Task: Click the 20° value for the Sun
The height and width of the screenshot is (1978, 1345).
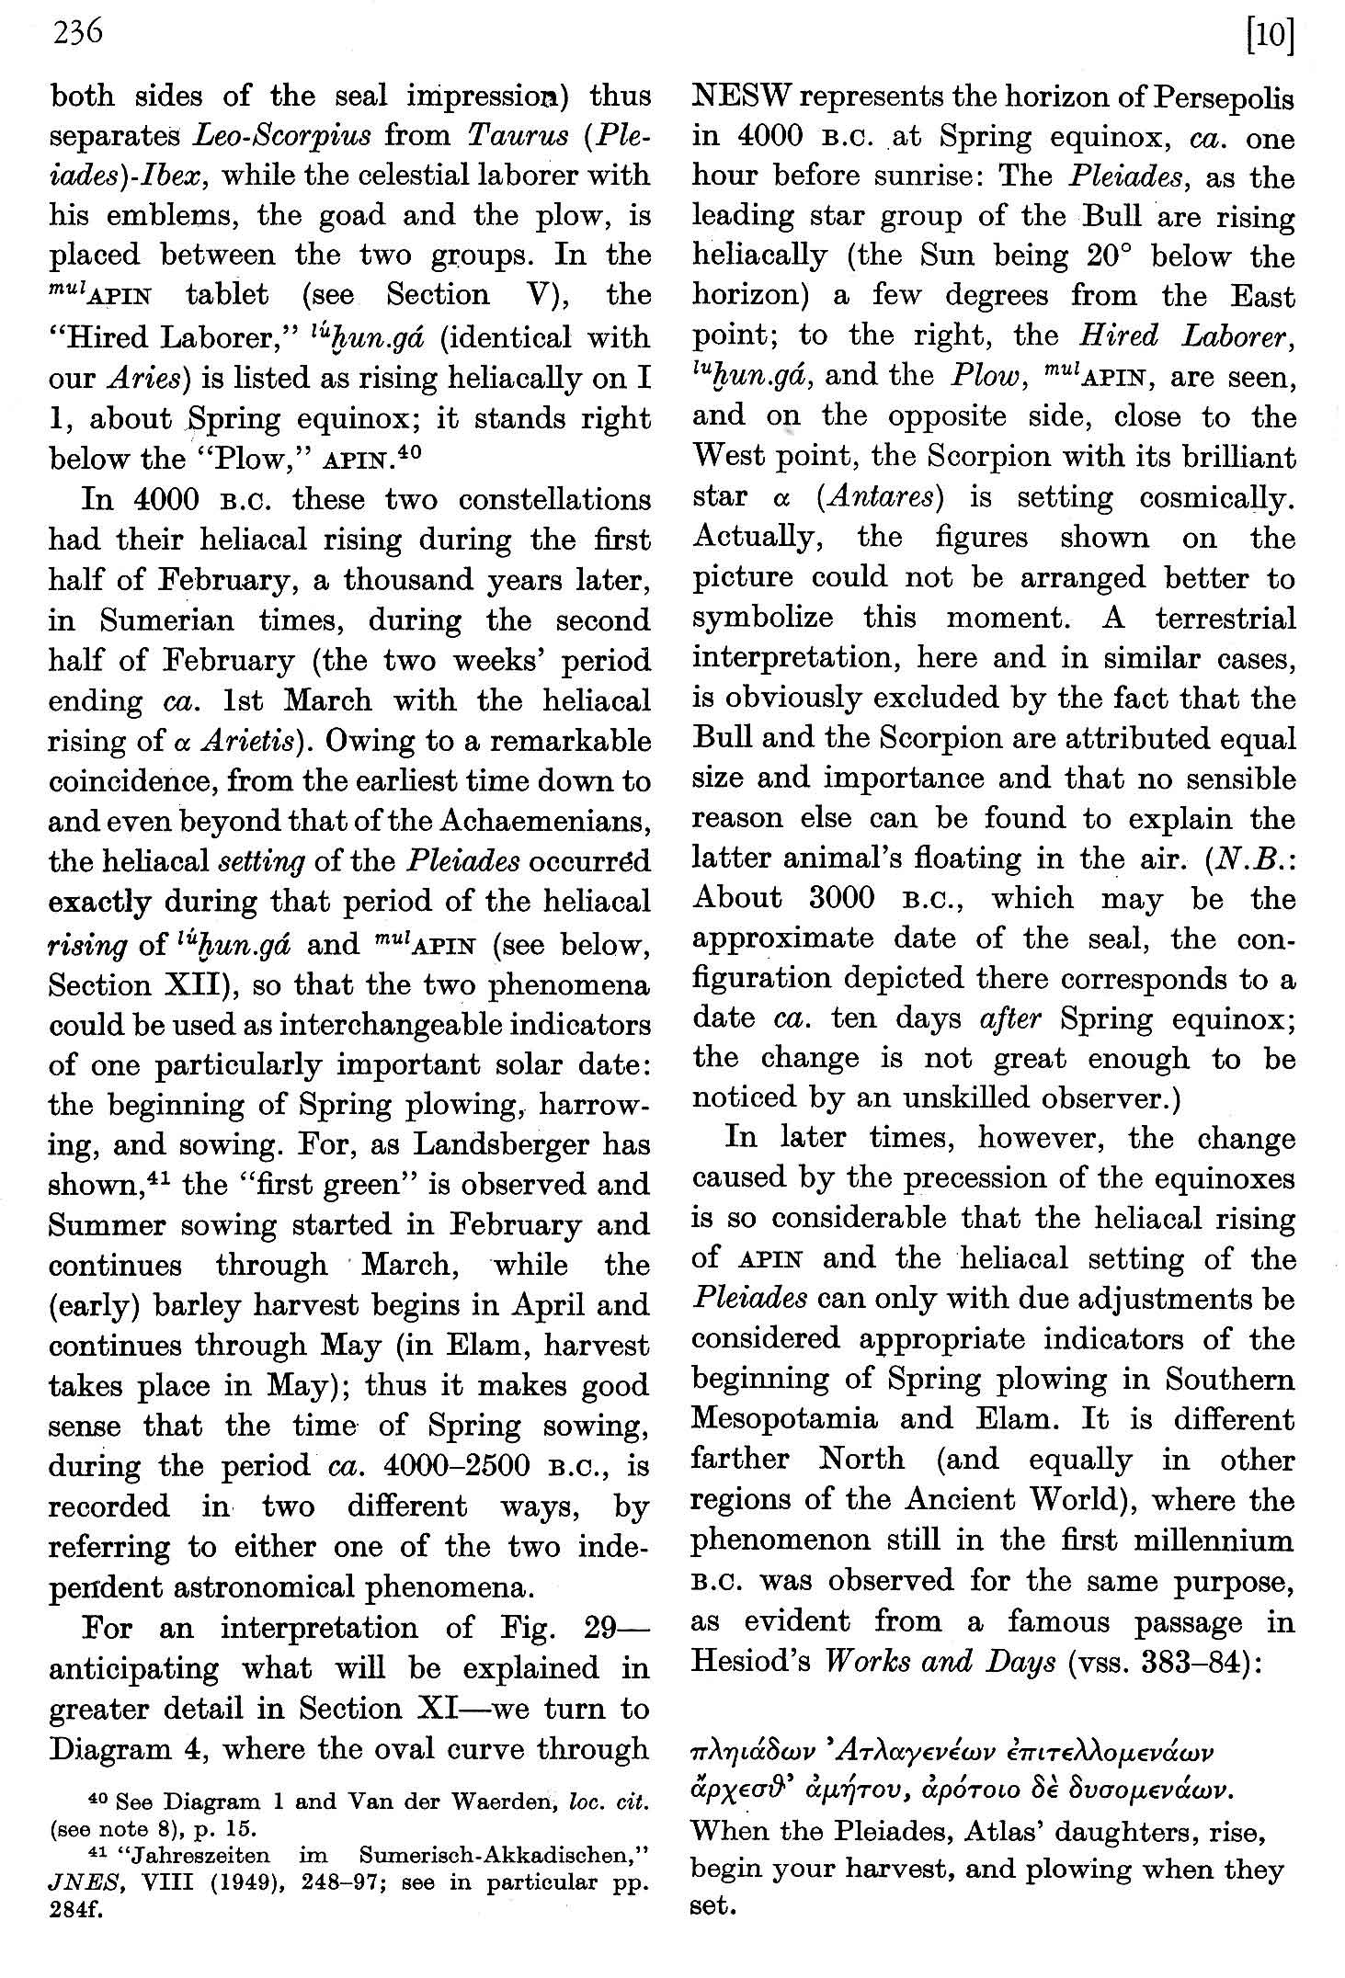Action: tap(1113, 256)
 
